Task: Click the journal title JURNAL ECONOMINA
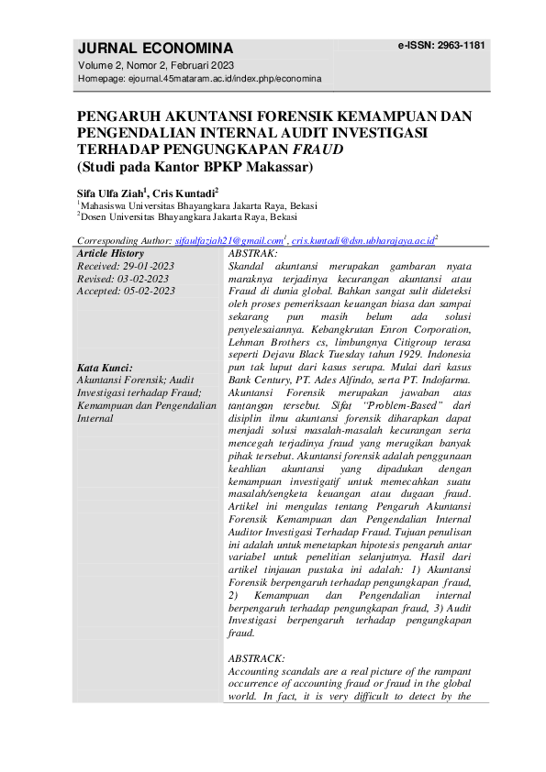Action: [155, 49]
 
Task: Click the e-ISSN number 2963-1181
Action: [441, 45]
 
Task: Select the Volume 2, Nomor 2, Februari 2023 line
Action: [155, 65]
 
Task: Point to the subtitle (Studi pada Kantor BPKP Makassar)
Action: [195, 167]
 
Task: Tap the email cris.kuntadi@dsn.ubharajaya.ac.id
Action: [362, 240]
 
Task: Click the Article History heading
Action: [110, 253]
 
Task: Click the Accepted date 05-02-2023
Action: [148, 291]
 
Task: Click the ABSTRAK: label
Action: [251, 253]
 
